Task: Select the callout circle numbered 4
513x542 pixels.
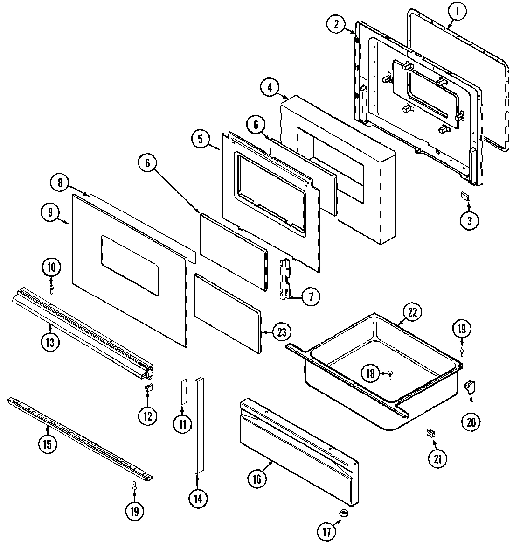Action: click(270, 87)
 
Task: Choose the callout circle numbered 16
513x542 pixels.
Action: click(257, 478)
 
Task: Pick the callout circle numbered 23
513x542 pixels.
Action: click(282, 332)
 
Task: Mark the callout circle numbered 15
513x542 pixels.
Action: click(47, 444)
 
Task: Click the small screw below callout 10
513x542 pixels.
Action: click(52, 289)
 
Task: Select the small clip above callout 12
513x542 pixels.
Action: click(149, 387)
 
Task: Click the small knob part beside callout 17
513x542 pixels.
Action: click(345, 513)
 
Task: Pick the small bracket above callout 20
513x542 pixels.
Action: click(470, 387)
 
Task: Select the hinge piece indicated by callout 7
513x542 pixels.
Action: click(285, 279)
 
